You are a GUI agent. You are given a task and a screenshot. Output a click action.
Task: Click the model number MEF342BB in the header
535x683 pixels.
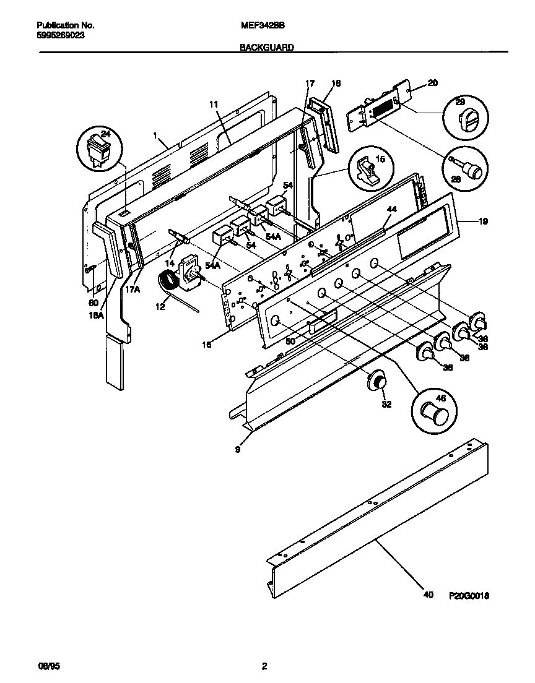click(258, 26)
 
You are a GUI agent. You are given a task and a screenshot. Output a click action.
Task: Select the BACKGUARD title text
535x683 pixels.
click(266, 47)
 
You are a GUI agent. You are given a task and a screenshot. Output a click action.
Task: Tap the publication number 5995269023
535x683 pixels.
click(61, 35)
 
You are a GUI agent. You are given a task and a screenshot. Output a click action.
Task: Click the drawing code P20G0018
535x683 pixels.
click(469, 595)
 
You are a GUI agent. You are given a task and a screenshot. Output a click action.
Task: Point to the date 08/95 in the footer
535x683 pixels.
click(49, 666)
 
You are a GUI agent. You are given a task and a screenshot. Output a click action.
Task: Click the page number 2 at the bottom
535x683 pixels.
click(264, 666)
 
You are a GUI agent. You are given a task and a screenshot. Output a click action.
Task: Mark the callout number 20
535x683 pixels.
click(432, 83)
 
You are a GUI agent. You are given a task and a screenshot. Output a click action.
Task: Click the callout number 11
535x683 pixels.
click(214, 105)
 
